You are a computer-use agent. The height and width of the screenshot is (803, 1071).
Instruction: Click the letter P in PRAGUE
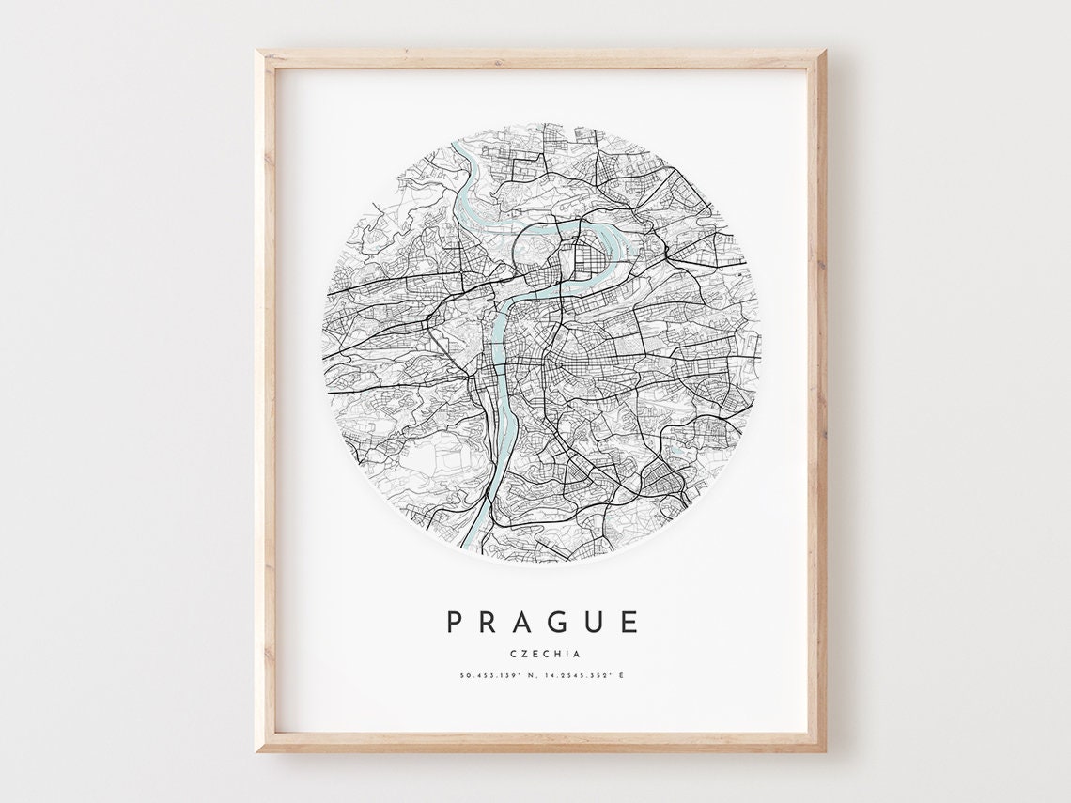click(x=456, y=622)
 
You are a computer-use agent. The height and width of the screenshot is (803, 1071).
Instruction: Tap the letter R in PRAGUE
click(x=491, y=622)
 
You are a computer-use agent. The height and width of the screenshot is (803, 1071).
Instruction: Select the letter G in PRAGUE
click(x=565, y=622)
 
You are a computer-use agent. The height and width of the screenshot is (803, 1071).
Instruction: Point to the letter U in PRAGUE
click(x=599, y=622)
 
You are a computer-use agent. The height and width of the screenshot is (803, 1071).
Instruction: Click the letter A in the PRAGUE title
click(x=527, y=622)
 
